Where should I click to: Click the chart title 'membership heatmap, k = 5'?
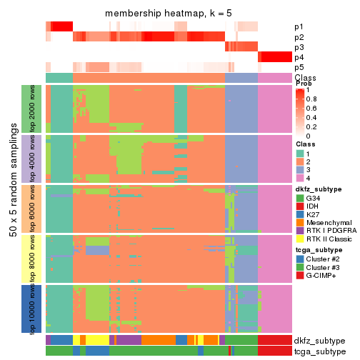pyautogui.click(x=169, y=14)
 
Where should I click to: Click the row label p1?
pyautogui.click(x=299, y=26)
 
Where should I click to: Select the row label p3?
pyautogui.click(x=299, y=47)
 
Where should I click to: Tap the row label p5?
pyautogui.click(x=299, y=67)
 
